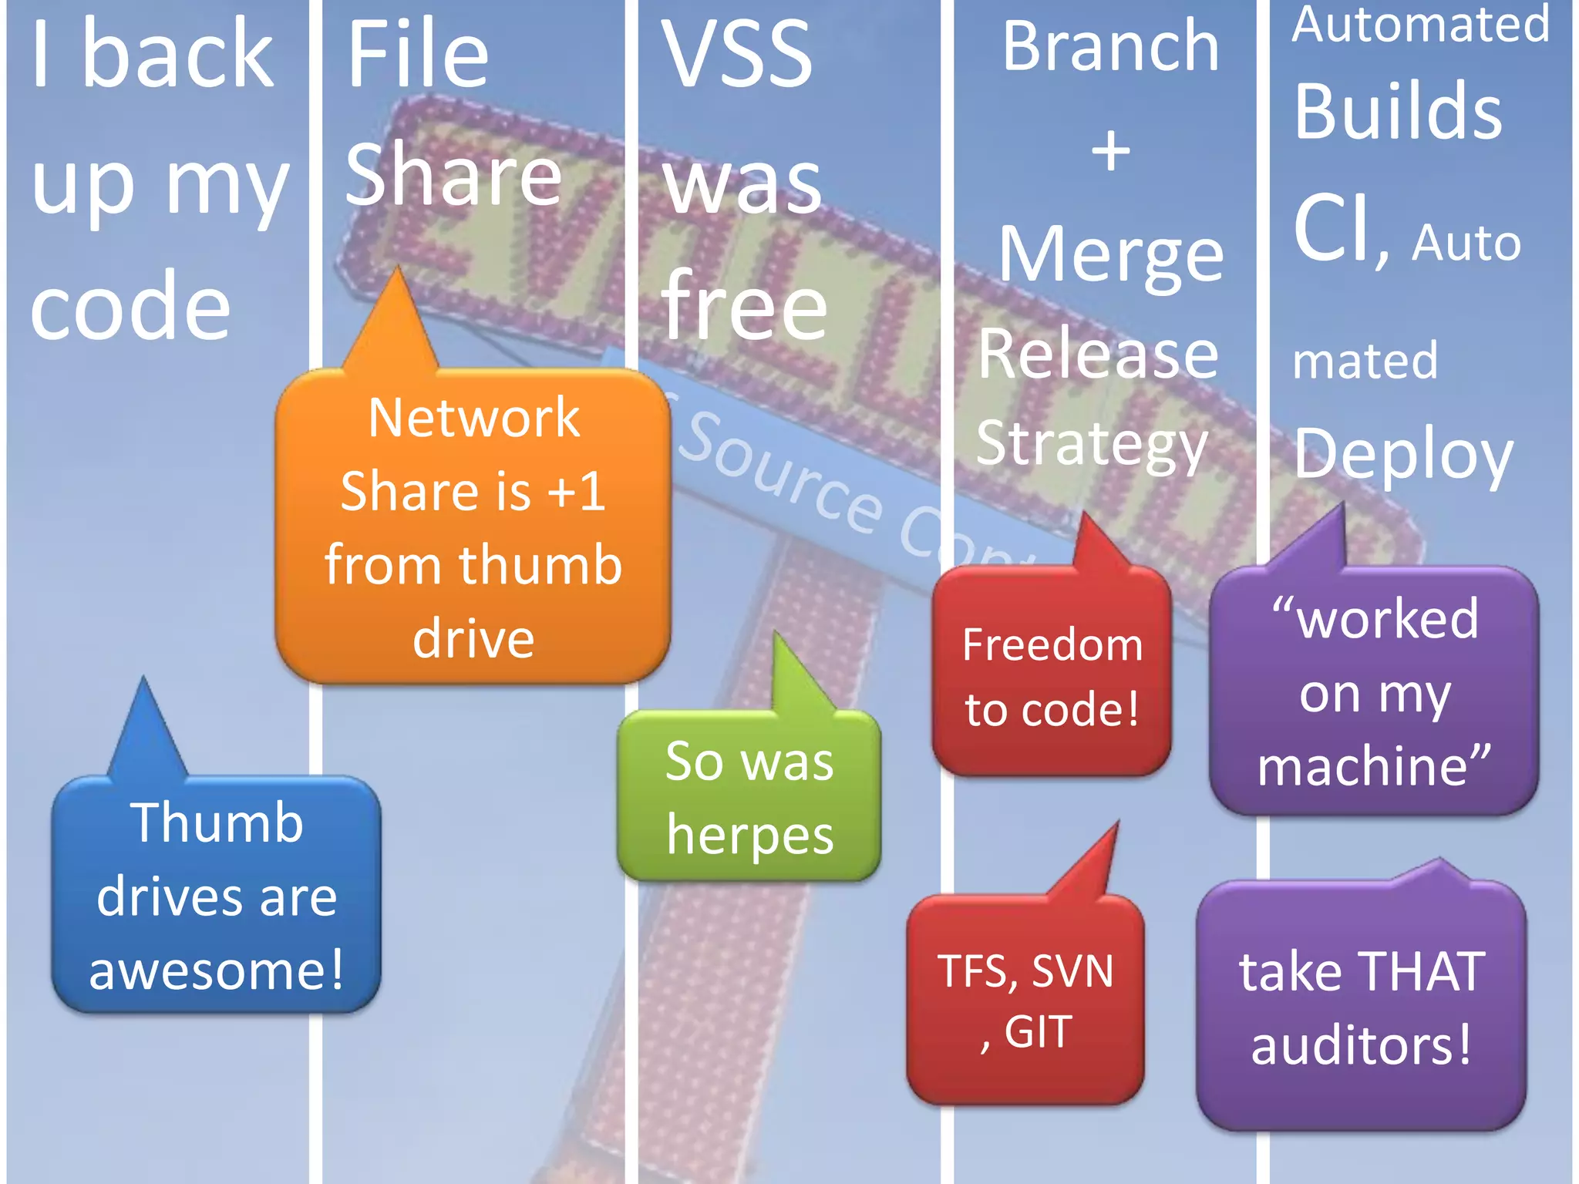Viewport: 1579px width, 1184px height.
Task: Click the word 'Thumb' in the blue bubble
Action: (x=217, y=822)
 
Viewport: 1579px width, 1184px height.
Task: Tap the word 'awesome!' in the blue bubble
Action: (x=217, y=970)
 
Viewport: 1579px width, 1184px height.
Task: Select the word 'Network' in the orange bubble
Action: (x=473, y=418)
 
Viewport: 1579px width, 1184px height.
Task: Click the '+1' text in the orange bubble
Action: (x=575, y=492)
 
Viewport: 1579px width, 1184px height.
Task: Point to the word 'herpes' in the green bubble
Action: (x=749, y=836)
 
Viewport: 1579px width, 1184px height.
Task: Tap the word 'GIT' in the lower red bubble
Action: (x=1038, y=1032)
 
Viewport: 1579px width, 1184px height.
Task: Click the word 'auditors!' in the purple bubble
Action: (x=1362, y=1045)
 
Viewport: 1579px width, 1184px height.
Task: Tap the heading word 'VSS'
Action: (x=736, y=54)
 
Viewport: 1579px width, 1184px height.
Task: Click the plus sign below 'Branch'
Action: (x=1110, y=150)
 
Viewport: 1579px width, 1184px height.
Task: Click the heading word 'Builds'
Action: (x=1398, y=112)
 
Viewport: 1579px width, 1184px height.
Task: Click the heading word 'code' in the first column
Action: (x=130, y=306)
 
